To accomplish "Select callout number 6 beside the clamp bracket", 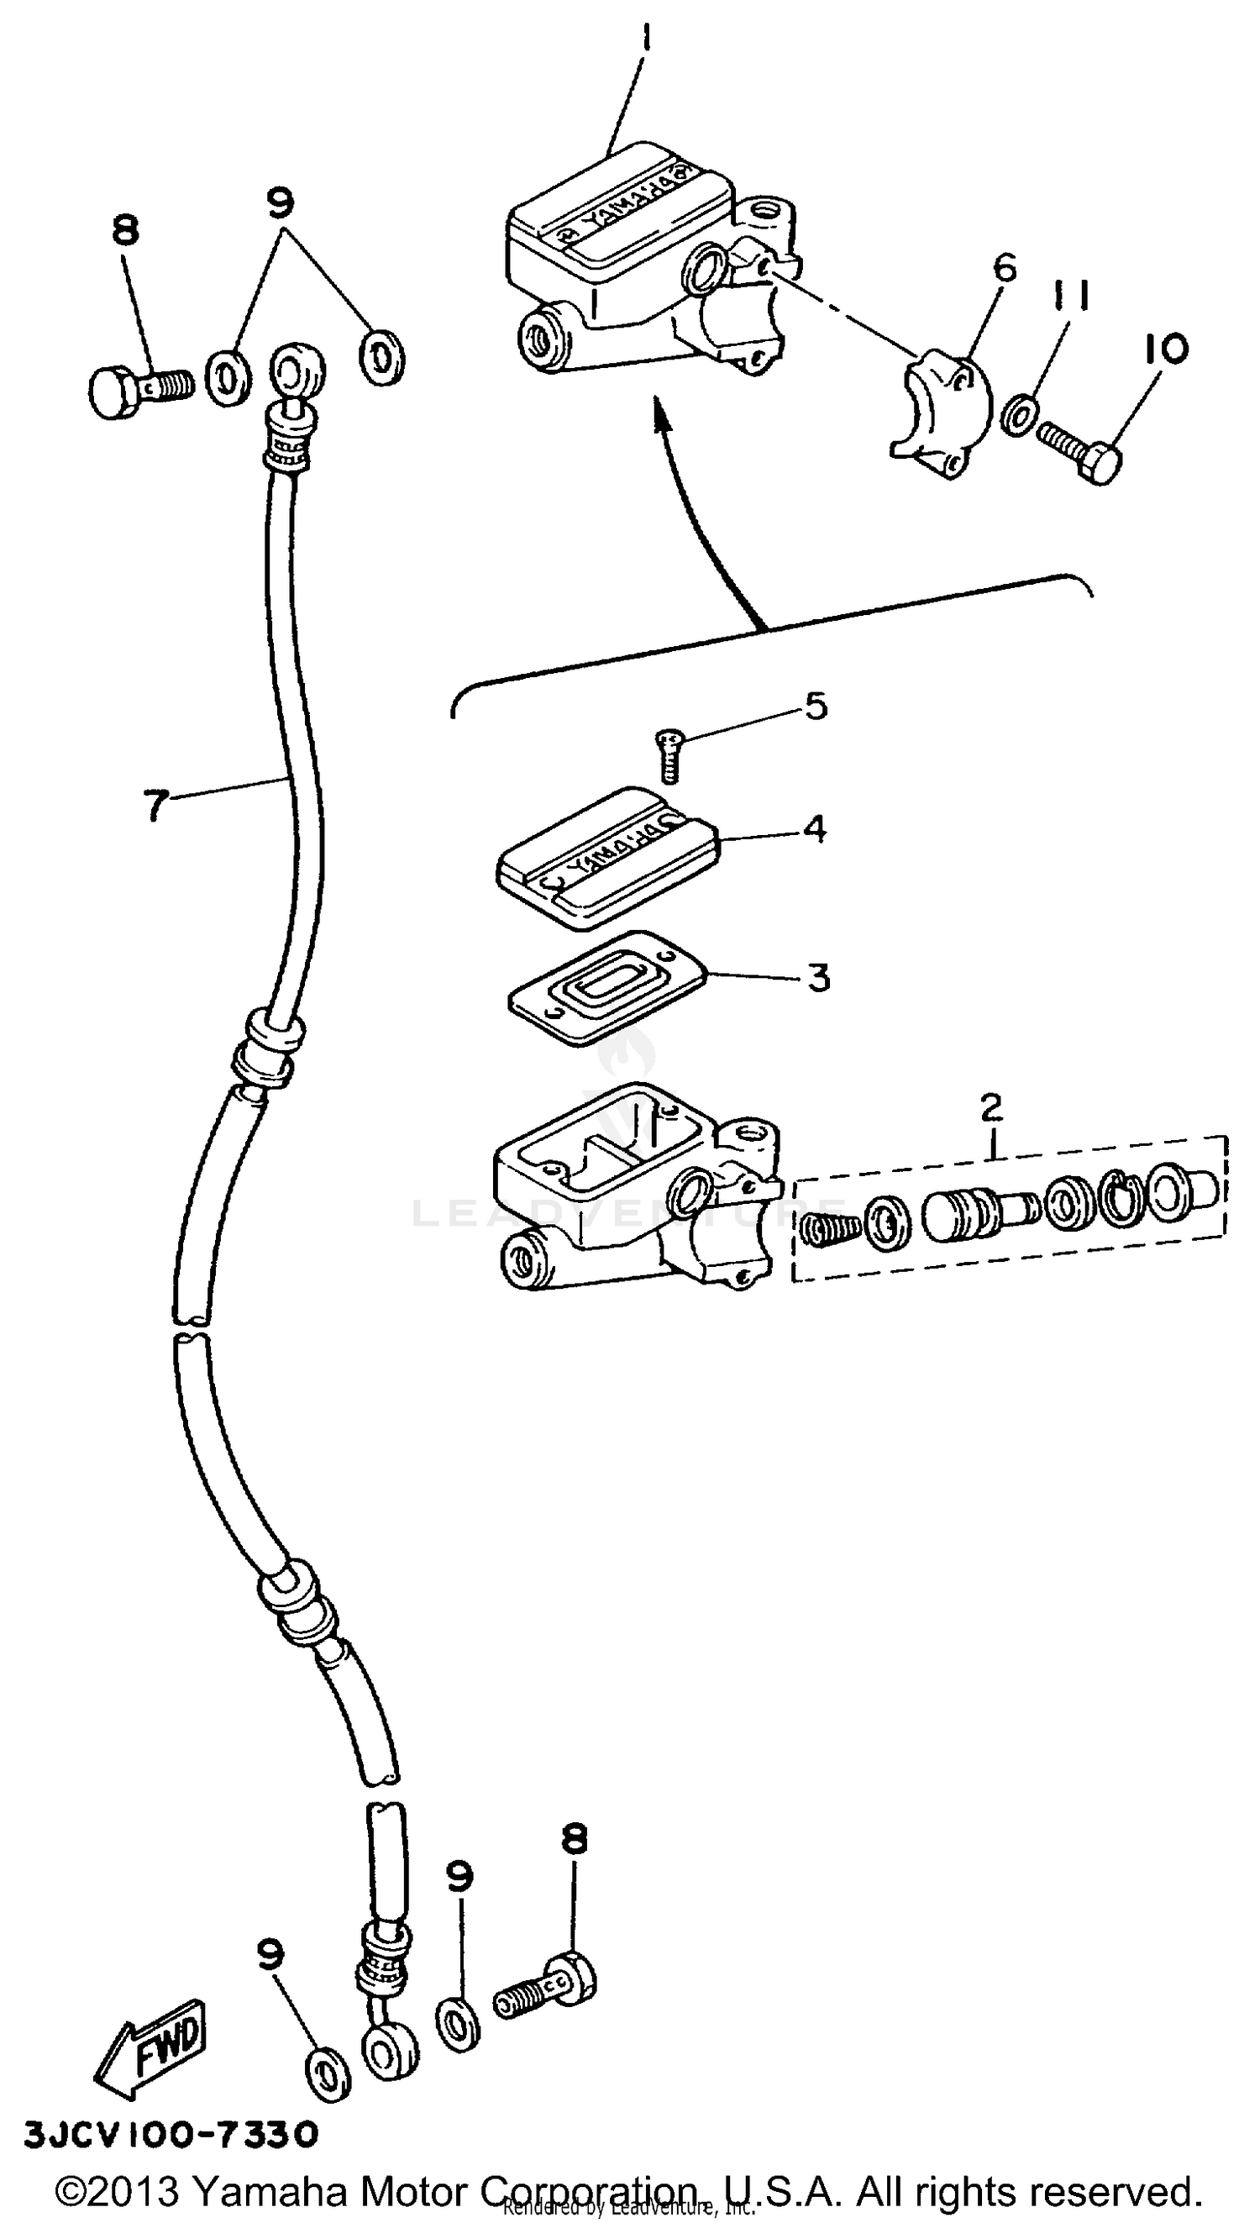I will (1004, 268).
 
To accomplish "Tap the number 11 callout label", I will (1071, 297).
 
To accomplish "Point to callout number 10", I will (1165, 349).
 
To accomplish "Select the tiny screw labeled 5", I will (668, 754).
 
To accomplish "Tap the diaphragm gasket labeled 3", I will (607, 989).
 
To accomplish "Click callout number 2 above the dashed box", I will (991, 1106).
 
